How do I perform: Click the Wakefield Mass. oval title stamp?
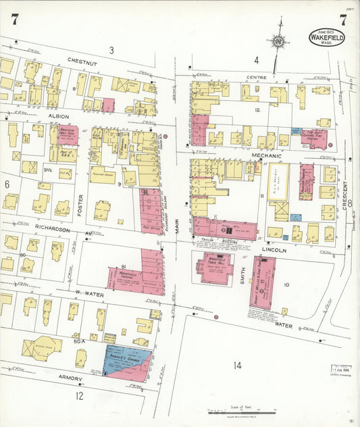326,38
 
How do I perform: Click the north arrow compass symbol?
277,42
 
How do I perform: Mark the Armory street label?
70,378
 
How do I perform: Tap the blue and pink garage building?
128,363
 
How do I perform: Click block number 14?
237,366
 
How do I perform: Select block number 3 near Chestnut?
111,49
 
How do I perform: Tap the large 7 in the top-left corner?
15,20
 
